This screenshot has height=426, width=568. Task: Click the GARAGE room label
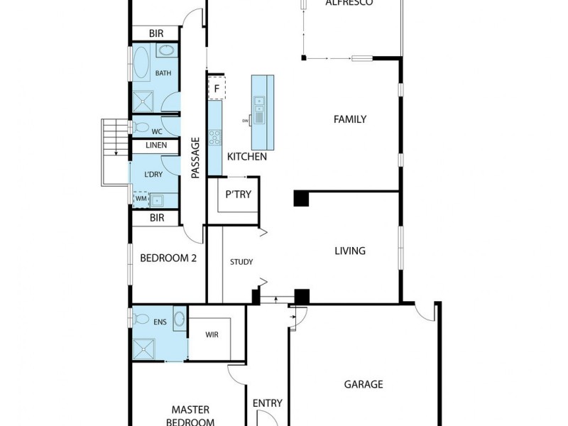click(364, 384)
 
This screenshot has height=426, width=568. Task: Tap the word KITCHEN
click(246, 156)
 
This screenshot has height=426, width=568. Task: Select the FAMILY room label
click(350, 119)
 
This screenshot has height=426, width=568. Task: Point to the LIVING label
click(350, 251)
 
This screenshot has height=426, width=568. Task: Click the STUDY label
click(241, 262)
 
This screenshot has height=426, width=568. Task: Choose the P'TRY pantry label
click(238, 195)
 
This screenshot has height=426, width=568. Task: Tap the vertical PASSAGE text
click(195, 157)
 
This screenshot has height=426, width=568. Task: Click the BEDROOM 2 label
click(168, 258)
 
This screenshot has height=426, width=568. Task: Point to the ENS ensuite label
click(160, 322)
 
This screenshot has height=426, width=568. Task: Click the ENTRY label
click(268, 403)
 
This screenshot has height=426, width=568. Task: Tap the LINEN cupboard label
click(156, 145)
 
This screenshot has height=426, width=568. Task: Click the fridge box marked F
click(216, 89)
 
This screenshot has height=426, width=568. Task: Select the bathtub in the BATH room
click(141, 62)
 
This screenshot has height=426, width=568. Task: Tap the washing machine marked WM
click(141, 200)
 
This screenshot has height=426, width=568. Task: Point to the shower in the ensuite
click(146, 349)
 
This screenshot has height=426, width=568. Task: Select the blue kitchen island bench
click(262, 109)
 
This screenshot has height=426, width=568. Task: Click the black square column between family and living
click(302, 198)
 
